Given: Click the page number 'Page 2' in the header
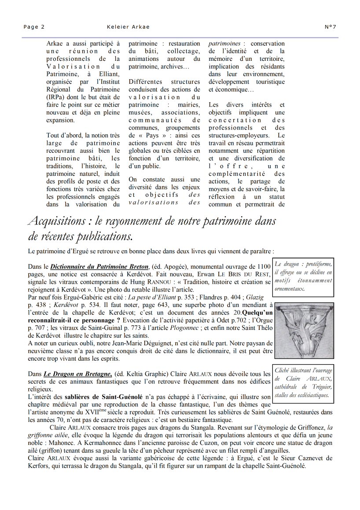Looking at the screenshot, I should [x=34, y=27].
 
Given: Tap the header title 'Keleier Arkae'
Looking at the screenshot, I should [x=128, y=27].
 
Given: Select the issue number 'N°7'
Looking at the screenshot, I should [x=331, y=27].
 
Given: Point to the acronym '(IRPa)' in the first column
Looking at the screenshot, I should [x=57, y=97].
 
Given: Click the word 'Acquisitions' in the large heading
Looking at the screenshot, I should [x=56, y=221].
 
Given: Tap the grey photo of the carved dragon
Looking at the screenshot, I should [x=304, y=331].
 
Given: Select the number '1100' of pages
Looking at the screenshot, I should [x=263, y=266].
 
